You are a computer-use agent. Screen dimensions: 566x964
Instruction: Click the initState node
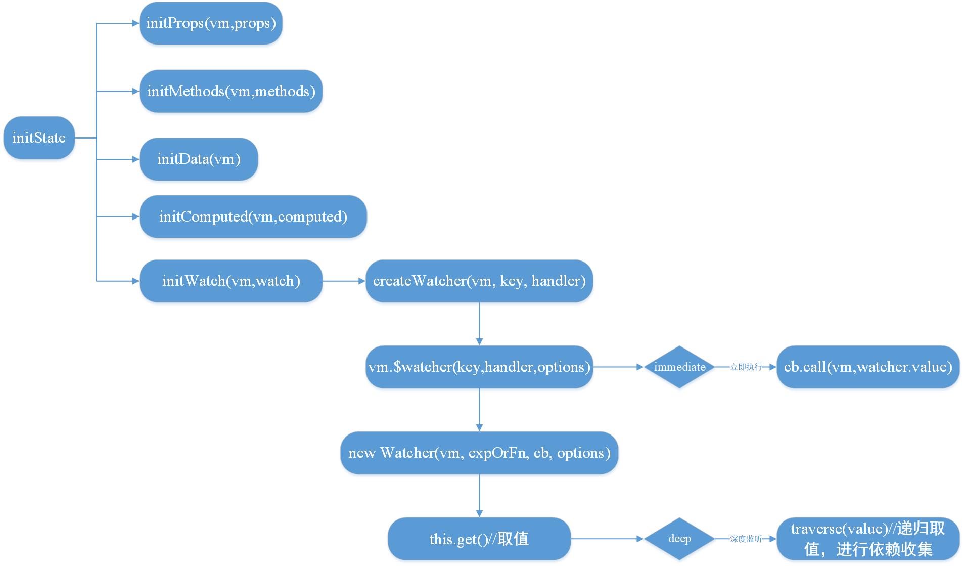pyautogui.click(x=39, y=138)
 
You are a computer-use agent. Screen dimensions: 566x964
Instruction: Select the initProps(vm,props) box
pyautogui.click(x=211, y=23)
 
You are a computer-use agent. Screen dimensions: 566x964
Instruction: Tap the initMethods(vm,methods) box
pyautogui.click(x=231, y=91)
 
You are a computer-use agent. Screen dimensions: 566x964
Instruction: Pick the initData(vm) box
pyautogui.click(x=199, y=159)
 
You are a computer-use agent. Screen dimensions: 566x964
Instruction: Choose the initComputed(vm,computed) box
pyautogui.click(x=253, y=216)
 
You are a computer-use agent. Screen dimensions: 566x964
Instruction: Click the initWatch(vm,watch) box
pyautogui.click(x=231, y=281)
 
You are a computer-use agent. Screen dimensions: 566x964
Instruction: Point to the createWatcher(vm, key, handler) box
pyautogui.click(x=479, y=281)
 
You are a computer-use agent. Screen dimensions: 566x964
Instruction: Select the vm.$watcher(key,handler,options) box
pyautogui.click(x=479, y=367)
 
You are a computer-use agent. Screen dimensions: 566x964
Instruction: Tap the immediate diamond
pyautogui.click(x=679, y=367)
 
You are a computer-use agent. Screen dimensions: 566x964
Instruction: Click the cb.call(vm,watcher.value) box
pyautogui.click(x=867, y=367)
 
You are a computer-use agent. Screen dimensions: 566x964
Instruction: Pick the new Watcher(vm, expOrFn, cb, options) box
pyautogui.click(x=479, y=453)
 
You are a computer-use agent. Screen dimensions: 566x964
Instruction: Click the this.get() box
pyautogui.click(x=479, y=539)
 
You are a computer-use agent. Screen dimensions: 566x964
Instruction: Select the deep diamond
pyautogui.click(x=679, y=539)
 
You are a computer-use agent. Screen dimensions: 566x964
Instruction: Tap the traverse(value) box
pyautogui.click(x=867, y=539)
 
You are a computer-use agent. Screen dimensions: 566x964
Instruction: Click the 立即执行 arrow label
pyautogui.click(x=746, y=367)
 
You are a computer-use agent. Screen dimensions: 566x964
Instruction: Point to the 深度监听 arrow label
pyautogui.click(x=746, y=539)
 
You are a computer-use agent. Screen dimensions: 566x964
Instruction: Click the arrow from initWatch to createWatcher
pyautogui.click(x=344, y=281)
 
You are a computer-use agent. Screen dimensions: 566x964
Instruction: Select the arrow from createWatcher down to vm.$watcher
pyautogui.click(x=479, y=324)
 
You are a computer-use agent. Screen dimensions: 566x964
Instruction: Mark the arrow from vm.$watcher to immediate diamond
pyautogui.click(x=618, y=367)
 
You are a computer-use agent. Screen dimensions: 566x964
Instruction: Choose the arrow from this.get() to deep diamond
pyautogui.click(x=607, y=539)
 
